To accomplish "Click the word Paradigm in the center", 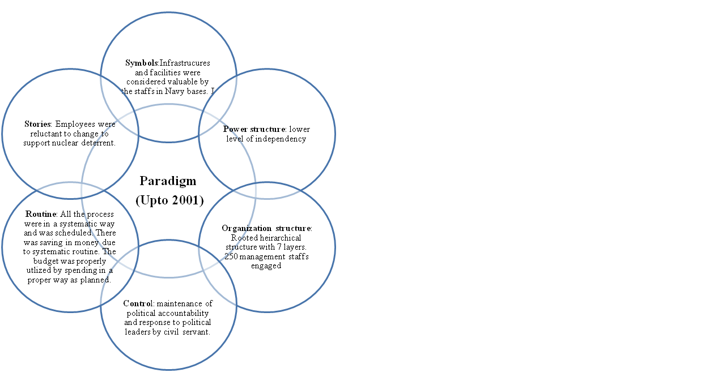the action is tap(168, 181).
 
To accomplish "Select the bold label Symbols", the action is tap(142, 63).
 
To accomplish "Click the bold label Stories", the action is tap(38, 124).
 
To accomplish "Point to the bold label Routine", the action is tap(41, 214).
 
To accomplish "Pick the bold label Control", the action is tap(138, 303).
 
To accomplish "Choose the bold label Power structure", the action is tap(254, 129).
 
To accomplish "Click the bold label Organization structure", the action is tap(266, 228).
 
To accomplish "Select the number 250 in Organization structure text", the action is tap(231, 256).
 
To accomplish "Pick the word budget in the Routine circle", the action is tap(45, 261).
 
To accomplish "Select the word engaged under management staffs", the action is tap(266, 266).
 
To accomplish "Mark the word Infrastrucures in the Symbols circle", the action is tap(185, 63).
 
